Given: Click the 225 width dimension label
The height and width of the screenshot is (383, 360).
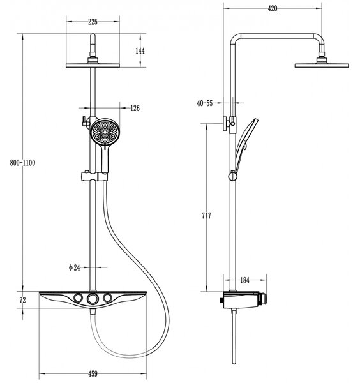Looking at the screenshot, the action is [x=93, y=22].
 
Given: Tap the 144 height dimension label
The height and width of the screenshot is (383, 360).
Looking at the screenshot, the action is [x=140, y=51].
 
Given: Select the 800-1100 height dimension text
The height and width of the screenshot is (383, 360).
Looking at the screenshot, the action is [x=22, y=163].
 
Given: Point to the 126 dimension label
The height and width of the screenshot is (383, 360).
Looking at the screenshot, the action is [x=135, y=108].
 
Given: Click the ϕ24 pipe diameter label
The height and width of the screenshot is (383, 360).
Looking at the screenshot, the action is [x=75, y=267].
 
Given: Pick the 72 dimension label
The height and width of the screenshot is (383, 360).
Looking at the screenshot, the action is [x=22, y=300].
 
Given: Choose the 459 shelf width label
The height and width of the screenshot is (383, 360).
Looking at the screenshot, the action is [x=93, y=373].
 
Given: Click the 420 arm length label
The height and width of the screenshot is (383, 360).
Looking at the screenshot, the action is [x=273, y=8].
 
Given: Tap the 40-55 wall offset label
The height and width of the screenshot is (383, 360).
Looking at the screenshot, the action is [x=205, y=103].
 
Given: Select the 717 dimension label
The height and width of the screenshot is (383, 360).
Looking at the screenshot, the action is [x=206, y=216].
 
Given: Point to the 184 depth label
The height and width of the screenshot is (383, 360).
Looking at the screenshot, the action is [x=244, y=280].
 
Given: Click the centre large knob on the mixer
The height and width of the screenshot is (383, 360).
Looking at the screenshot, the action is [x=93, y=298].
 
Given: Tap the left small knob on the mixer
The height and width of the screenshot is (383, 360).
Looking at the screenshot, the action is [x=79, y=297].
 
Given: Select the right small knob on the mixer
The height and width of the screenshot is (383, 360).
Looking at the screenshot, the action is [x=107, y=297].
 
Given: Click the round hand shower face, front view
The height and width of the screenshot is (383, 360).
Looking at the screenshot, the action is [x=105, y=132].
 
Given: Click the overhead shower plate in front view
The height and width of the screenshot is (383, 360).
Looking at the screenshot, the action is [x=93, y=65].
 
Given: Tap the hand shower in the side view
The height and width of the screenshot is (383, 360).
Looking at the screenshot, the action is [x=245, y=144].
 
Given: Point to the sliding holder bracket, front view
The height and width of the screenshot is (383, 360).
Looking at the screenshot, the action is [x=94, y=176].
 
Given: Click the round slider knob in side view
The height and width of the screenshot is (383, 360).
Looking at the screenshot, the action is [x=232, y=176].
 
